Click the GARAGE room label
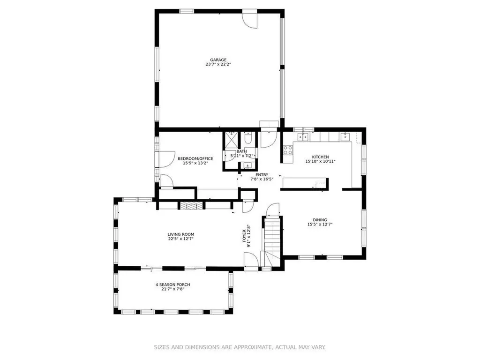(218, 60)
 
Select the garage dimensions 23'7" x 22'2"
(218, 65)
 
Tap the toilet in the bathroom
(248, 138)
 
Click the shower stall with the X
(232, 140)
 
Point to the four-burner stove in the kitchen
(288, 150)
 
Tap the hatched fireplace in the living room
(192, 205)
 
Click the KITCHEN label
(320, 157)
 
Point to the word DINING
(320, 220)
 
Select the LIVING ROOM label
(180, 234)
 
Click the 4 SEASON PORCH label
(172, 285)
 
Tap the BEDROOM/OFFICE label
(195, 158)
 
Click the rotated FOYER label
(244, 236)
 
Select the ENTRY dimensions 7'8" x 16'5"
(262, 179)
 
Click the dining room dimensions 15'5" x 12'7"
(320, 225)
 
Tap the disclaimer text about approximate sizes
(240, 347)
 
